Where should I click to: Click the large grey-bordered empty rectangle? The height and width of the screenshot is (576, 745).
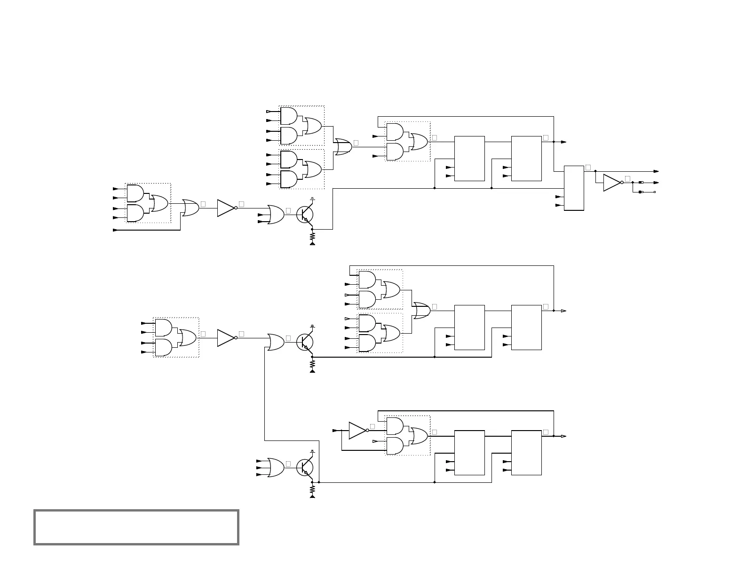point(136,527)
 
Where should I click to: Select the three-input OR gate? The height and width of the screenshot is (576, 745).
point(275,468)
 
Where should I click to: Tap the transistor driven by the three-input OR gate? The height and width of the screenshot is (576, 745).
point(305,468)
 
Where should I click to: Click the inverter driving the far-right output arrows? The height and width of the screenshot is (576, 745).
point(612,183)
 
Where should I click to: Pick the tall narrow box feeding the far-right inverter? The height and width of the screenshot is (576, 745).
point(574,188)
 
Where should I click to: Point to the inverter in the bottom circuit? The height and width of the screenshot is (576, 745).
point(357,431)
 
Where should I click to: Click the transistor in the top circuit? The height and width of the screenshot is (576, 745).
point(305,215)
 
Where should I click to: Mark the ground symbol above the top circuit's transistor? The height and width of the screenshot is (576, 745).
point(312,199)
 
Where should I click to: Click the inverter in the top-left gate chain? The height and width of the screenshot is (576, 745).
point(226,208)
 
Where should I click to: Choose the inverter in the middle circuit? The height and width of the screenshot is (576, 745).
point(226,338)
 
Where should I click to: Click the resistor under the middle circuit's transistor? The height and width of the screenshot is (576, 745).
point(312,364)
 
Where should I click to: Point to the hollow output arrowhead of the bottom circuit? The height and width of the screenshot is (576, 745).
point(563,436)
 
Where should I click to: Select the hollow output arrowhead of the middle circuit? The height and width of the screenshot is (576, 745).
point(563,311)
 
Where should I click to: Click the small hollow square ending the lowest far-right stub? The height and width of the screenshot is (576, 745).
point(654,192)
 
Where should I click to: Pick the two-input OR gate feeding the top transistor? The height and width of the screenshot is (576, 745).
point(275,215)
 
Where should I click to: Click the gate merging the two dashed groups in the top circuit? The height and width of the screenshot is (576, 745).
point(342,147)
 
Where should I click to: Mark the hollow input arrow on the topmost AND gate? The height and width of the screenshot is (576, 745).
point(269,112)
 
